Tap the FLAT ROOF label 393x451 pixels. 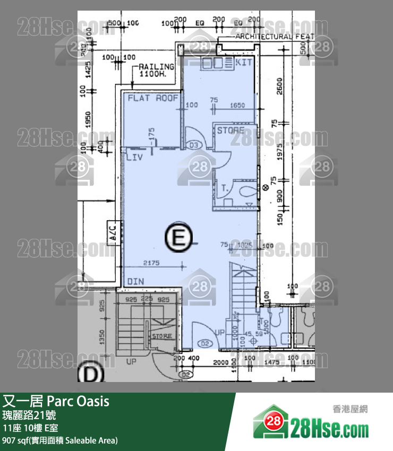coord(152,98)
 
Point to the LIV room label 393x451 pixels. coord(133,158)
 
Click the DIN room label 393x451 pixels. coord(136,281)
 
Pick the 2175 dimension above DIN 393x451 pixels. coord(151,263)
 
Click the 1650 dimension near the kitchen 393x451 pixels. coord(237,105)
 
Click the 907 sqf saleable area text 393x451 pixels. coord(60,440)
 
